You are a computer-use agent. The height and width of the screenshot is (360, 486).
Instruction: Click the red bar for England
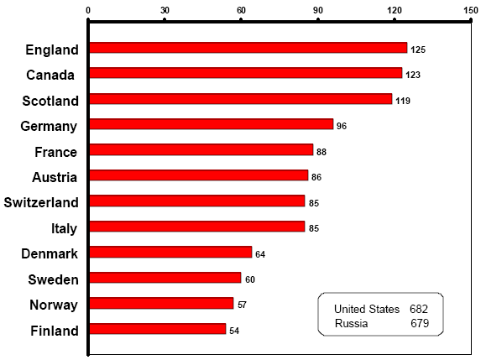click(248, 48)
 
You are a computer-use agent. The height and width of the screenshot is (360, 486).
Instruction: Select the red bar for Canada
click(245, 74)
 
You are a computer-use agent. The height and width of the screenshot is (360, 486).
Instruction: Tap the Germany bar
click(211, 124)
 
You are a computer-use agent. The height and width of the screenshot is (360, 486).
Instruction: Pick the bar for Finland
click(157, 329)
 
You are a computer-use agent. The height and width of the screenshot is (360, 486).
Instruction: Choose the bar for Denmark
click(170, 252)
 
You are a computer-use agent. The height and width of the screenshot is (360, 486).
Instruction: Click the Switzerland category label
click(41, 202)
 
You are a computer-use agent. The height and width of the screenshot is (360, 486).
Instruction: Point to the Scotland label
click(50, 101)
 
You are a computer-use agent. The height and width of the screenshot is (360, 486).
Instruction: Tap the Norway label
click(54, 305)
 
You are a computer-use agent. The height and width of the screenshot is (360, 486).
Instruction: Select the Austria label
click(55, 177)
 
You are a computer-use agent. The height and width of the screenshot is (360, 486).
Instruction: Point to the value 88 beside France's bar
click(321, 152)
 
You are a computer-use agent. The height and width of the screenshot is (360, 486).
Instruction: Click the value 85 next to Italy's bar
click(313, 228)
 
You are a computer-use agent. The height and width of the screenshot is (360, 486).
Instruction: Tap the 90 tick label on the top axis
click(317, 9)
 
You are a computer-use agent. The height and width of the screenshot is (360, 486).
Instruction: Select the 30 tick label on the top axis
click(165, 9)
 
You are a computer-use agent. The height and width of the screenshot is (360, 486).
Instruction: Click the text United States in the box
click(367, 309)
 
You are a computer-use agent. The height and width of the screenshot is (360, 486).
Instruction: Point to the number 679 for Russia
click(421, 323)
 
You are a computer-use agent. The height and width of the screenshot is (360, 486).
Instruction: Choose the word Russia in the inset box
click(351, 323)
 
